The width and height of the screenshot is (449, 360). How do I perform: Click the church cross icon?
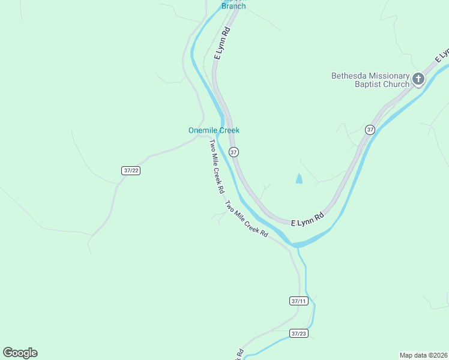coord(418,79)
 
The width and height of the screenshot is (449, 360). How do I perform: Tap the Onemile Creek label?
coord(214,130)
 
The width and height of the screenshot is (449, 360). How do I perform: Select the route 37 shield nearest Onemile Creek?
coord(234,152)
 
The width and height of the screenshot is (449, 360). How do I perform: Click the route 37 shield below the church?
coord(370,130)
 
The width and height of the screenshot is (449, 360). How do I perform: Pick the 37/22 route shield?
coord(131,170)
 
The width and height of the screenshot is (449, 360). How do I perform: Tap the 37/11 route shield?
coord(298,301)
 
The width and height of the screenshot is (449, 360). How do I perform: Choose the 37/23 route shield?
coord(299,334)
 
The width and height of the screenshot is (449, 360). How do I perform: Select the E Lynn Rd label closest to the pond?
coord(307,219)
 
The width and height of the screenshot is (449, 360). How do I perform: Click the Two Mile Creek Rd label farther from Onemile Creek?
coord(246,219)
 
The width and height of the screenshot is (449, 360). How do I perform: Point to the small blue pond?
coord(298,179)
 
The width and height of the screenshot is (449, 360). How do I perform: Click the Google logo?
coord(20,353)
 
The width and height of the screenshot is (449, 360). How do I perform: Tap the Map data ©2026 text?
coord(423,355)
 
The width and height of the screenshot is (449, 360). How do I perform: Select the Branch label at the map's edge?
coord(234,6)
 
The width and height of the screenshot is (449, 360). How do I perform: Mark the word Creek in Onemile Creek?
coord(228,130)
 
